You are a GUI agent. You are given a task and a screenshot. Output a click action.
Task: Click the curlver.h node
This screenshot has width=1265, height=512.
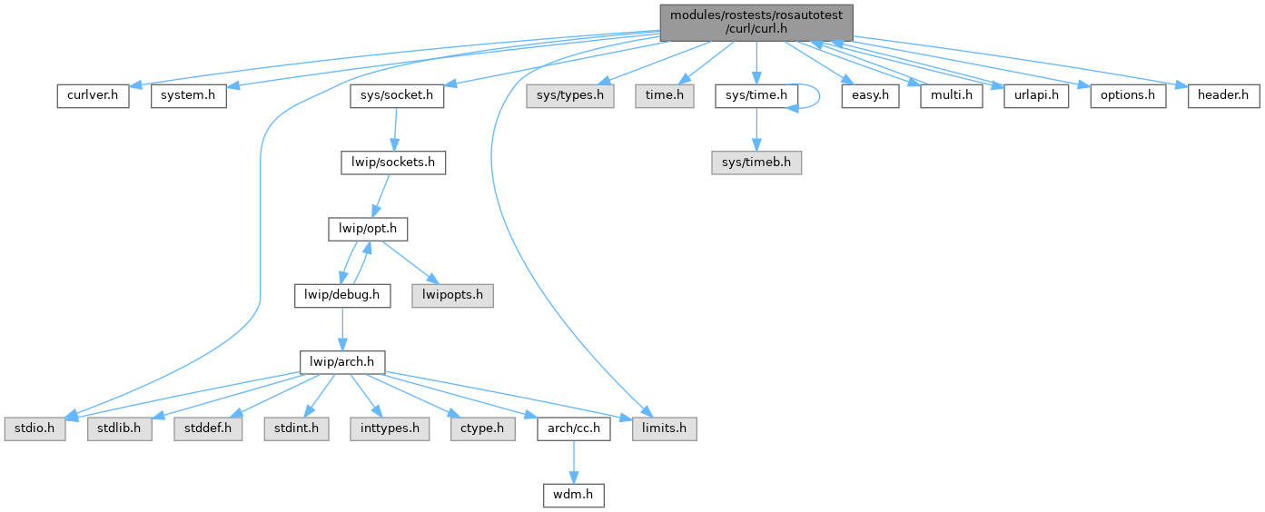[x=93, y=95]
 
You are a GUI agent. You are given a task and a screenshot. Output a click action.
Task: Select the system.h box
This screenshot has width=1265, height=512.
[x=188, y=95]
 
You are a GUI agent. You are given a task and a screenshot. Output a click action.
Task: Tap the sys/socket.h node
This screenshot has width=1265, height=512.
[x=397, y=95]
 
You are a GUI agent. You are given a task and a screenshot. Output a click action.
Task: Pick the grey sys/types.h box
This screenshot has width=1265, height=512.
[x=569, y=95]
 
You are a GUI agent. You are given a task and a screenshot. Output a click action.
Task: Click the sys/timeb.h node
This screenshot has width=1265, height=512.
[x=756, y=162]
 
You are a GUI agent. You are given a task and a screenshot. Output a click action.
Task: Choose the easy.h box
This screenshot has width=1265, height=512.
[x=870, y=95]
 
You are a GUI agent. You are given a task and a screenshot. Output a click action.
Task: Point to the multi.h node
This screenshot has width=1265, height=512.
[x=952, y=95]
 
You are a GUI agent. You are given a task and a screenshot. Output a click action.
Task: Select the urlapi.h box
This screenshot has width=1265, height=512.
[x=1036, y=95]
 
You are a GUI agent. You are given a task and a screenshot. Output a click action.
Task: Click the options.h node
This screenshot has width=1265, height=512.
[x=1127, y=95]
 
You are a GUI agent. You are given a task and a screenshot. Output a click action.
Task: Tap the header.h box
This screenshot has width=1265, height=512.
[x=1223, y=95]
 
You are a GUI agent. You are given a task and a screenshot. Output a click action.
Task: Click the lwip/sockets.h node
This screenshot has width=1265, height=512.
[x=393, y=162]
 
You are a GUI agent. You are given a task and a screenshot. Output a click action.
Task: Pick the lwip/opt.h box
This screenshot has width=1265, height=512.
[x=367, y=229]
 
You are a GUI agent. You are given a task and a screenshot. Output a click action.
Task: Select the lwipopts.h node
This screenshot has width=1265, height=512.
[x=452, y=295]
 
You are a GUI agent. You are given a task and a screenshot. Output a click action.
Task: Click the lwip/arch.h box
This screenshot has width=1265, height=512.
[x=342, y=361]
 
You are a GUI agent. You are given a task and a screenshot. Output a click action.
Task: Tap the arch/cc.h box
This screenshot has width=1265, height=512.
[x=574, y=428]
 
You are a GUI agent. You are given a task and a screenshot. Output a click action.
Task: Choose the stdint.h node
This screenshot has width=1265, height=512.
[x=296, y=428]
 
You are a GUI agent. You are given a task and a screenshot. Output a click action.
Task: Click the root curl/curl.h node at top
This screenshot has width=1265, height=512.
[x=756, y=21]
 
